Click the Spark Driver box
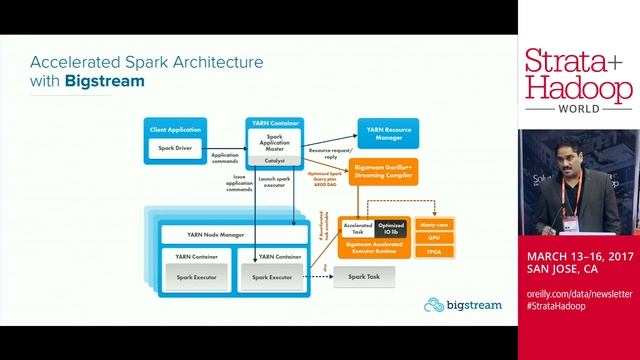pos(175,148)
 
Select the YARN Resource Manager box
pos(388,132)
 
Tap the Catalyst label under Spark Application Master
pos(274,160)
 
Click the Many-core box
pos(434,226)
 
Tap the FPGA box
pos(434,253)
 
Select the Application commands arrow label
pos(225,157)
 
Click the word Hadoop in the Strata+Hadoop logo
pos(578,88)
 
